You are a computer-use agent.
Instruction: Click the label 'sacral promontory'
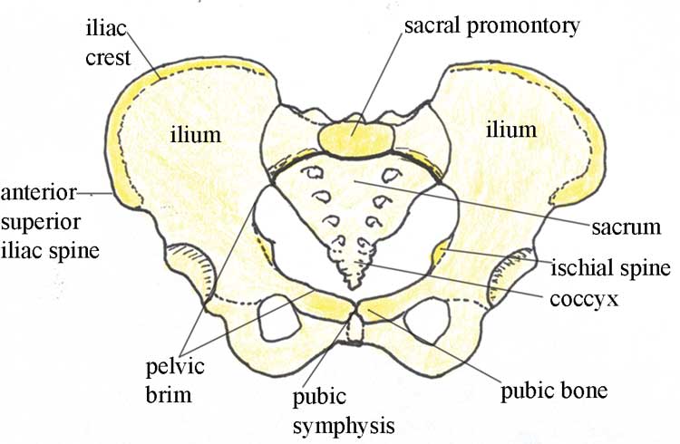pyautogui.click(x=491, y=26)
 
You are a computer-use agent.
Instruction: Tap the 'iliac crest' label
pyautogui.click(x=107, y=43)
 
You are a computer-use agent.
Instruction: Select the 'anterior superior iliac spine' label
pyautogui.click(x=50, y=222)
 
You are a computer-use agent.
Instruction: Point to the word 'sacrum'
pyautogui.click(x=627, y=227)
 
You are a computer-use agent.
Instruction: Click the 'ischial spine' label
pyautogui.click(x=610, y=268)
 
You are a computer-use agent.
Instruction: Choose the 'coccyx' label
pyautogui.click(x=584, y=300)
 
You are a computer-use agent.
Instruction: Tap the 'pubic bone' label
pyautogui.click(x=554, y=391)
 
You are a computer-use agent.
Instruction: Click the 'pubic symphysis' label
pyautogui.click(x=344, y=411)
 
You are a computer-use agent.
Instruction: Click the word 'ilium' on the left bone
pyautogui.click(x=196, y=135)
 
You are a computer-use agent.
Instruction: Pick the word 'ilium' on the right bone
pyautogui.click(x=510, y=130)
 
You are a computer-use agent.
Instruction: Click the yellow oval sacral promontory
pyautogui.click(x=356, y=139)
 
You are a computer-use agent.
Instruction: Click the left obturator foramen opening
pyautogui.click(x=278, y=317)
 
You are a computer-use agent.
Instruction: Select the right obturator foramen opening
pyautogui.click(x=426, y=320)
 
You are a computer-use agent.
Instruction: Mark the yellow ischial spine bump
pyautogui.click(x=440, y=252)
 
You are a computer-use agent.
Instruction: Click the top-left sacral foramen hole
pyautogui.click(x=315, y=173)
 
